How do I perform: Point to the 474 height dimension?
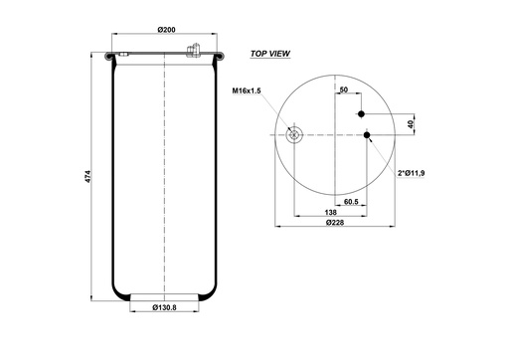[x=87, y=177]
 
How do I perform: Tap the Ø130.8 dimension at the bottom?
[x=164, y=307]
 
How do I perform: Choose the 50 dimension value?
[x=343, y=90]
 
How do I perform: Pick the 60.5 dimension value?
[x=352, y=202]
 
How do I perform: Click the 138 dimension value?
[x=328, y=213]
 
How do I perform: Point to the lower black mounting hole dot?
[x=368, y=135]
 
